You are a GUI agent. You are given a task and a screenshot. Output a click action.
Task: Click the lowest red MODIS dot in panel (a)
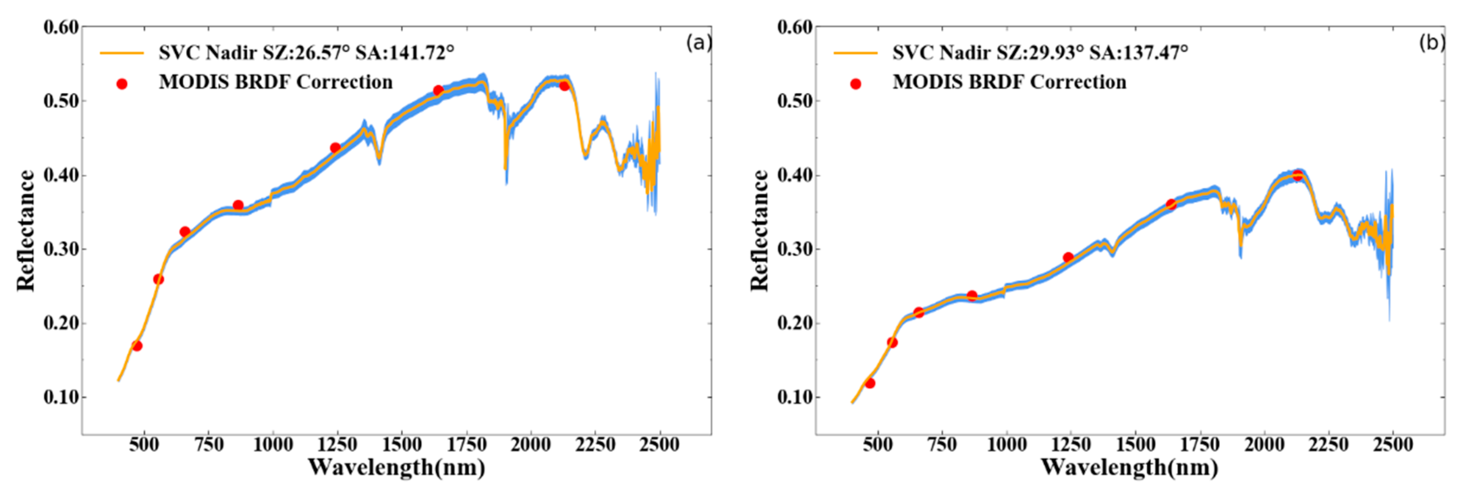point(137,346)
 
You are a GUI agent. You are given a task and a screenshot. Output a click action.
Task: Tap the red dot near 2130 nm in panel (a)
point(564,86)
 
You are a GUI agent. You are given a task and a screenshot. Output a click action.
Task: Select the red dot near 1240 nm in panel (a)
point(335,148)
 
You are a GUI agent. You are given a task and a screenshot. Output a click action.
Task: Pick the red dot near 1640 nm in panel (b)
point(1171,204)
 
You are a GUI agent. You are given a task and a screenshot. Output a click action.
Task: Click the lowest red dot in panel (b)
point(870,384)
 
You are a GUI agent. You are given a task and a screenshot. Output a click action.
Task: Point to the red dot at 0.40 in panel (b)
point(1297,176)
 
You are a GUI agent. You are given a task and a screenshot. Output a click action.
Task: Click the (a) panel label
point(698,43)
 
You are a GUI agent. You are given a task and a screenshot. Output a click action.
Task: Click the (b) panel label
point(1432,43)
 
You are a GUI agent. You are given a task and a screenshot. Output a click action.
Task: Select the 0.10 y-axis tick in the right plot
point(795,397)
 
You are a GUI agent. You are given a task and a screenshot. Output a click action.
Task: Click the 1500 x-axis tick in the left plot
point(401,445)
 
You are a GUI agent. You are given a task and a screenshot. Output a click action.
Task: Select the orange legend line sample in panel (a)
point(122,53)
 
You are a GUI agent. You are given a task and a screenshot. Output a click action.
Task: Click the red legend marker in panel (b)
point(856,84)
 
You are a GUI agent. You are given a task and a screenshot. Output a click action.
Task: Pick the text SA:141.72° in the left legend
point(404,53)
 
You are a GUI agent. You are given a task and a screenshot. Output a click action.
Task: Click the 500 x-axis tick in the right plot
point(877,445)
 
